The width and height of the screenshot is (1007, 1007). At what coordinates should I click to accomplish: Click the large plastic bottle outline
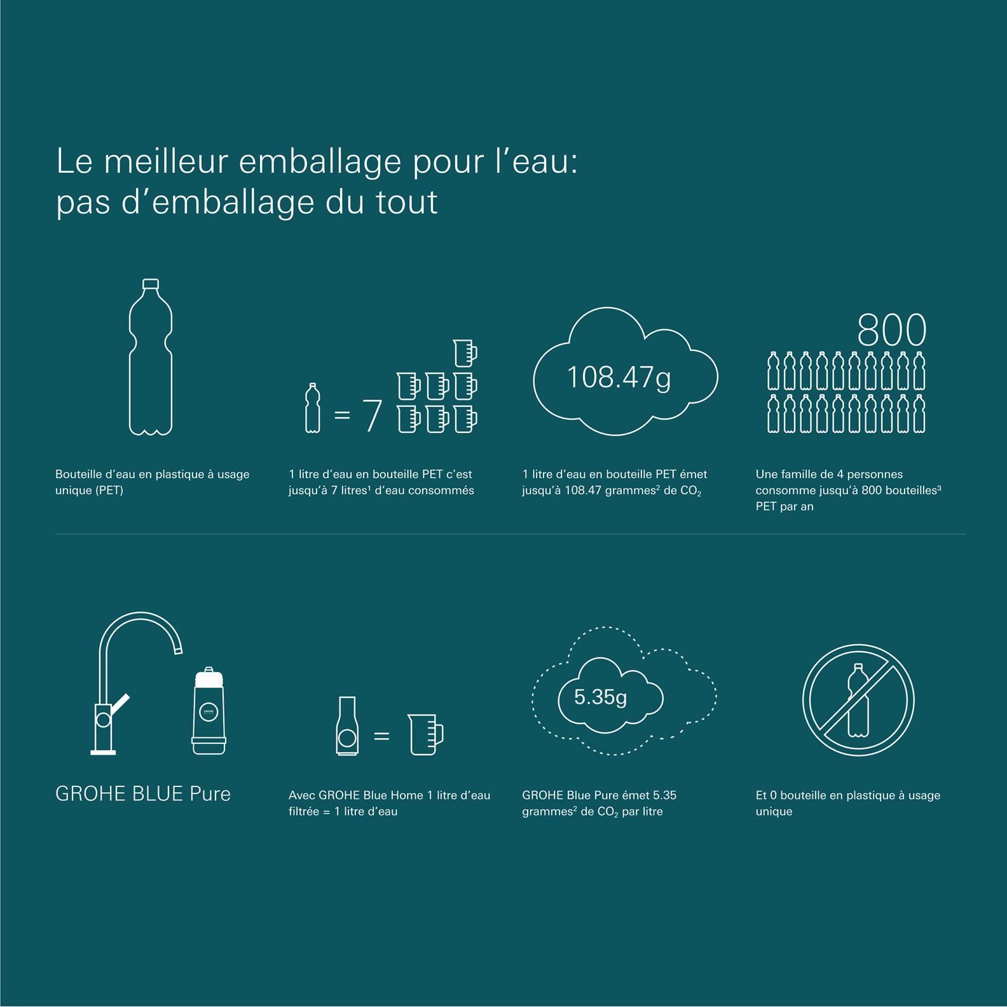(x=130, y=356)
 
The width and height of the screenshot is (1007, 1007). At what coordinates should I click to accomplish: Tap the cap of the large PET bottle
(x=151, y=283)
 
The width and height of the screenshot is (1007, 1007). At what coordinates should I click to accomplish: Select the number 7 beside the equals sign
(x=371, y=416)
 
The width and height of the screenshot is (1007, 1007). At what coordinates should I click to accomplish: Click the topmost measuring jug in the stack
(x=465, y=352)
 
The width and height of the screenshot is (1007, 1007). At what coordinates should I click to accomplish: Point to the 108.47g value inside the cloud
(x=619, y=378)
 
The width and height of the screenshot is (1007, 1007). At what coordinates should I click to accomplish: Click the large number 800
(x=891, y=330)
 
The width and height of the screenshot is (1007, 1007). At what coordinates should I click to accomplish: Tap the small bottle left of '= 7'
(x=312, y=408)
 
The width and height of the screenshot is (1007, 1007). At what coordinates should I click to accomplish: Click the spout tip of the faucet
(x=179, y=649)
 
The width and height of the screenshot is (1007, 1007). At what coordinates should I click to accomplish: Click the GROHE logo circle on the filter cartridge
(x=209, y=713)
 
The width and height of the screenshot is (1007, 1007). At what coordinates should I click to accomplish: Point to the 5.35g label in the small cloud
(x=600, y=697)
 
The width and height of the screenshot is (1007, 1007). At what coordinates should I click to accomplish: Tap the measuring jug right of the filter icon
(x=425, y=734)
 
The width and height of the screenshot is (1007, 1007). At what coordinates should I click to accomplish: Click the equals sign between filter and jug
(x=381, y=736)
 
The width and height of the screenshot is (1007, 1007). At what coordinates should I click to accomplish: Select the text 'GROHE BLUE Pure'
(x=143, y=794)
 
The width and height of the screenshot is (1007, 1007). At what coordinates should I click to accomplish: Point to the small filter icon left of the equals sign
(x=346, y=725)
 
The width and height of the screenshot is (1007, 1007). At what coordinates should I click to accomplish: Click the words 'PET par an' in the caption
(x=784, y=507)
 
